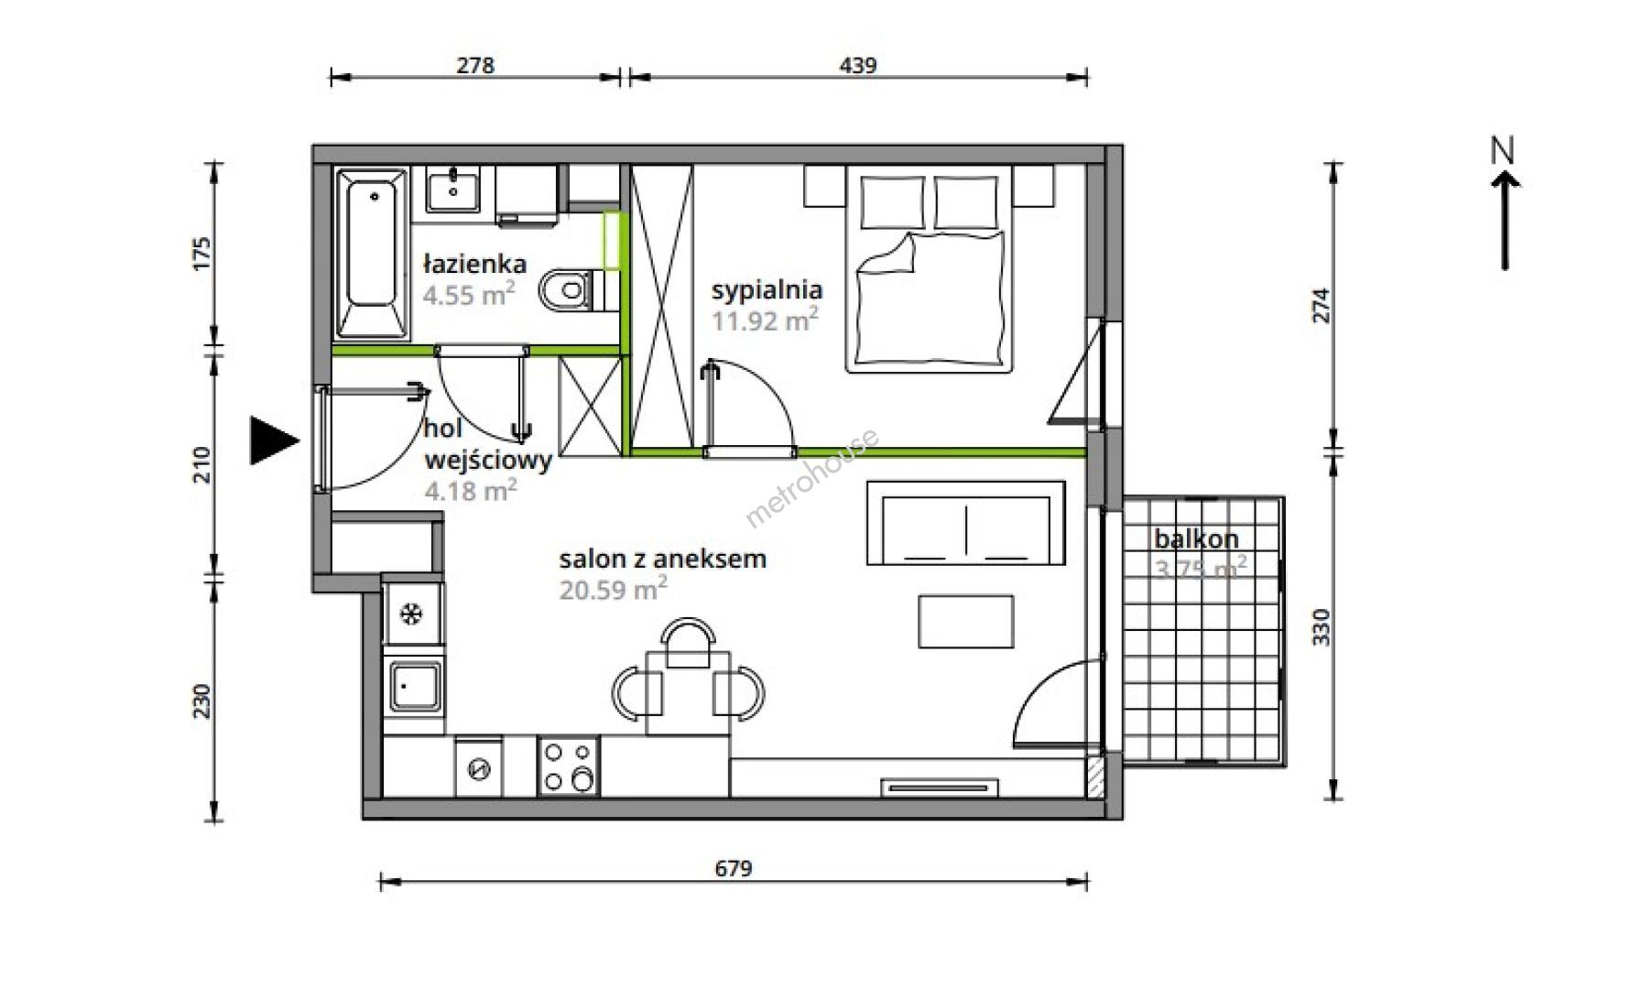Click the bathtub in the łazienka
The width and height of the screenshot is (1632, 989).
(372, 253)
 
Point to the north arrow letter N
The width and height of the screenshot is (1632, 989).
(1503, 151)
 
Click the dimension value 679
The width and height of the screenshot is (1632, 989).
(734, 868)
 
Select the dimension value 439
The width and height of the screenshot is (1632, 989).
(858, 65)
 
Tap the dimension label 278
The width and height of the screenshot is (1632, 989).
(475, 65)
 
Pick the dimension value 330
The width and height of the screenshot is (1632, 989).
(1321, 627)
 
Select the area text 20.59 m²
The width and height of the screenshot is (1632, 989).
(614, 589)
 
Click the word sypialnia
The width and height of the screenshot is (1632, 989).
(767, 291)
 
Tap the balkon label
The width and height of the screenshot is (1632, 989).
(1196, 538)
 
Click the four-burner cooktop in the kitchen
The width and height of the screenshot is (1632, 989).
(569, 766)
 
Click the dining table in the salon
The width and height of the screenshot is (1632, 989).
(688, 692)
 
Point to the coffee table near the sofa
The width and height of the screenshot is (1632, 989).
(966, 622)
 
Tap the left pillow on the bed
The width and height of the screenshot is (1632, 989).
(893, 202)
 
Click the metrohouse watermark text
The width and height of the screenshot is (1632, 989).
(811, 478)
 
